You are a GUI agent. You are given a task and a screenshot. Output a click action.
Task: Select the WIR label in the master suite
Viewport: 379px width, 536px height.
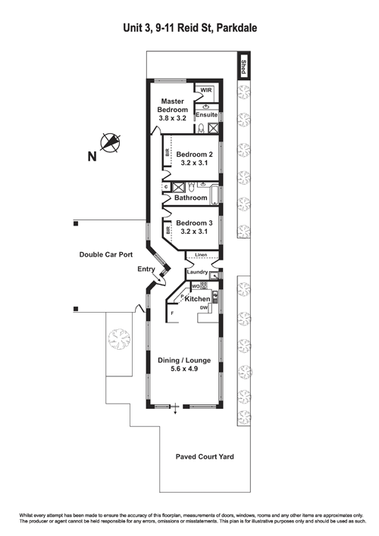point(206,89)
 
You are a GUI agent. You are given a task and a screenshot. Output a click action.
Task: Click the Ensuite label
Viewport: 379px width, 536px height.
point(207,114)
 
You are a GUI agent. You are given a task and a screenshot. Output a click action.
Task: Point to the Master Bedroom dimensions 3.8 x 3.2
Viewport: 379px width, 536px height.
point(171,118)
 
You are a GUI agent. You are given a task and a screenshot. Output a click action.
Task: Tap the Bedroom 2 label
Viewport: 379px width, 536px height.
point(195,154)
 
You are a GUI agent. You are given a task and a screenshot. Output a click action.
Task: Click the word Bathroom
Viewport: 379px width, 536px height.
point(190,198)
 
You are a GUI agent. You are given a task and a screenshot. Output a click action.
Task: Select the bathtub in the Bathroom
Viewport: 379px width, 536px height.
point(216,198)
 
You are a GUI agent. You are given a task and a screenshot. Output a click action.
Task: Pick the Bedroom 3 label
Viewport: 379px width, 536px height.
point(195,223)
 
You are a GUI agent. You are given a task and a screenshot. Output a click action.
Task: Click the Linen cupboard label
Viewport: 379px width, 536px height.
point(201,255)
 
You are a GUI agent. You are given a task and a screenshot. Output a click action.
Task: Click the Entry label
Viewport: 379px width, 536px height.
point(146,270)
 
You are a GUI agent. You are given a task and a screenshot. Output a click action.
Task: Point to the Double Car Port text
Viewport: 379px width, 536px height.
point(107,254)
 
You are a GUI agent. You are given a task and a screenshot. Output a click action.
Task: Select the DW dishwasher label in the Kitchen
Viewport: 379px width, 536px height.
point(205,308)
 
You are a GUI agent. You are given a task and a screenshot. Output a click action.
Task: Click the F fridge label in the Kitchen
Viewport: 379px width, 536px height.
point(172,312)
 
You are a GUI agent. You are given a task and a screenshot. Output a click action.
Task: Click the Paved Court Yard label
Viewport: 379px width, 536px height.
point(204,457)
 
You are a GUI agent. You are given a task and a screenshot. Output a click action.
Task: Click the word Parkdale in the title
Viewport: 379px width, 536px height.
point(237,27)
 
